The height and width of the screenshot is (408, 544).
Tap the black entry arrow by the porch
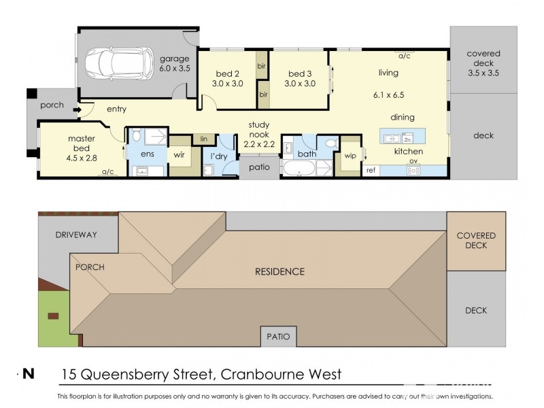78,110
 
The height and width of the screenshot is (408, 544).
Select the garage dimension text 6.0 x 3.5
175,69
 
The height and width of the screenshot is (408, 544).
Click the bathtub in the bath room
299,168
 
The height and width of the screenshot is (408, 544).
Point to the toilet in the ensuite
137,135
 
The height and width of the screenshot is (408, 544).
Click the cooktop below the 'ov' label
413,171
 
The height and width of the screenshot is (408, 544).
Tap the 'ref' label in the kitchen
371,171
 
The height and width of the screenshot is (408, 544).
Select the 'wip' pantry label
350,156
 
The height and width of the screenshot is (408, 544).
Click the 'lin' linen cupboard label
203,139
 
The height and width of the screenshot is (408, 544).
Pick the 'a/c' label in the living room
404,56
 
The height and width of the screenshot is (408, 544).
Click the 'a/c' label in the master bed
107,172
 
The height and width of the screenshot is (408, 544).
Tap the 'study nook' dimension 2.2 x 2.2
259,144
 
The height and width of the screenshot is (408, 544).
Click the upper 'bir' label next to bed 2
262,65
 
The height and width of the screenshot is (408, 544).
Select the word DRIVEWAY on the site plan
76,235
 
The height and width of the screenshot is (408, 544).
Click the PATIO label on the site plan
278,337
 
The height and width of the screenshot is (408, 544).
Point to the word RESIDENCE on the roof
279,271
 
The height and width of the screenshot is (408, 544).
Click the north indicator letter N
29,374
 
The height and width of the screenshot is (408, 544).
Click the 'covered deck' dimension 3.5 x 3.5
483,73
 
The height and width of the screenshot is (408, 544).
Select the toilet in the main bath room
332,143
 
